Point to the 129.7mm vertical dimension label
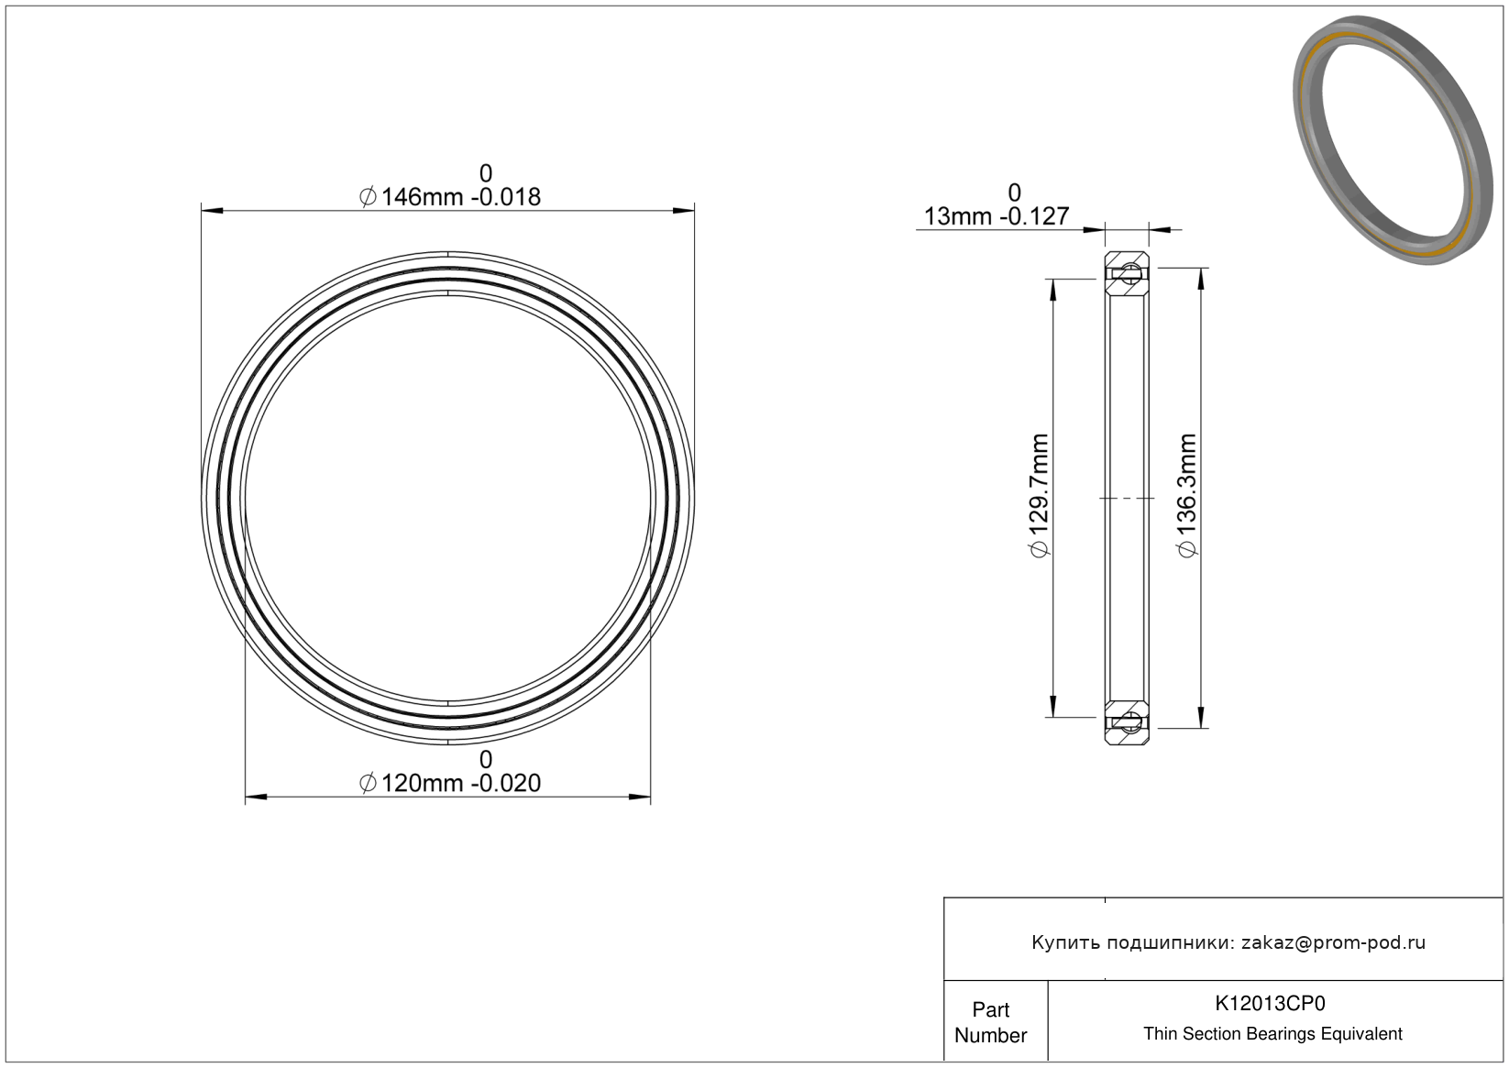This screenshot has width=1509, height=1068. [1039, 496]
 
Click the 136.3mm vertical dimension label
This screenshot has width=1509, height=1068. [1187, 496]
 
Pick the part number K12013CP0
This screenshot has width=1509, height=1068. [1270, 1003]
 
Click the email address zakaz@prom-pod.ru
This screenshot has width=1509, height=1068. [1333, 942]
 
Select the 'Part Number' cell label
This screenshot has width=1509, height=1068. [990, 1022]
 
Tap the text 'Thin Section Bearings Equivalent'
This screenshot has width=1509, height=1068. [1272, 1034]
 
